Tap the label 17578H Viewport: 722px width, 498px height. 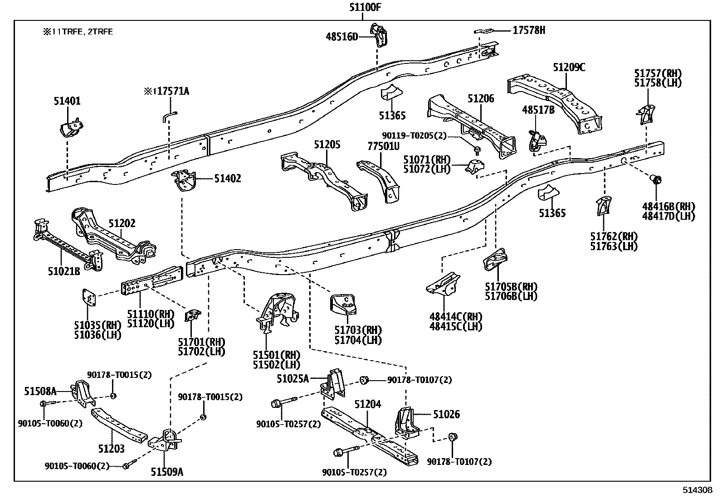(529, 30)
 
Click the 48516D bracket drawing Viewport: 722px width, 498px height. (380, 34)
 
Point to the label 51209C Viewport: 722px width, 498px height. (569, 68)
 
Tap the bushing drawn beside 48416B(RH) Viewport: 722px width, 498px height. (656, 179)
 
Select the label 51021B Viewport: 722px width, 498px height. (64, 271)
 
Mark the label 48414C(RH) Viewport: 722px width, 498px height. (456, 317)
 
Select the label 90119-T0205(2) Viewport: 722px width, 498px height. (415, 135)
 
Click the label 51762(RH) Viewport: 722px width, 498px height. (614, 237)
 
